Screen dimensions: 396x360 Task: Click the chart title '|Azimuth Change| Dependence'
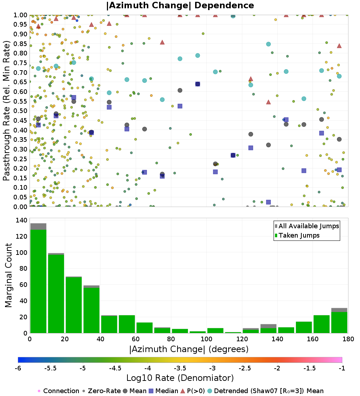(180, 5)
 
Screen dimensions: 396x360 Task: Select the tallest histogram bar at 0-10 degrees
(38, 281)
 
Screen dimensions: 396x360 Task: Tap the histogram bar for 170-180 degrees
(339, 322)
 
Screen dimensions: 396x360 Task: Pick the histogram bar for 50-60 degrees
(127, 324)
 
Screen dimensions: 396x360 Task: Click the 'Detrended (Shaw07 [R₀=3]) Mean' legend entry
(269, 391)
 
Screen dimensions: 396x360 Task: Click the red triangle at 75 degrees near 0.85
(162, 42)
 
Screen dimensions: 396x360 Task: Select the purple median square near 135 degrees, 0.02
(268, 202)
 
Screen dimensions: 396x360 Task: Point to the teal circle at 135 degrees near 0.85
(268, 44)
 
